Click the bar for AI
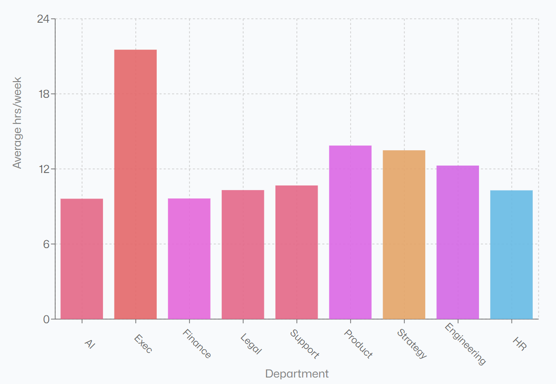82,259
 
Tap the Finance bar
189,259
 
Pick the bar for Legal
243,255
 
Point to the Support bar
297,252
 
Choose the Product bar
350,232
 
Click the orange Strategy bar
404,235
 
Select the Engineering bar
458,242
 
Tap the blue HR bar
511,255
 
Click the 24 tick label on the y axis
43,19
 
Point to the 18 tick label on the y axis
43,94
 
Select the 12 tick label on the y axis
43,169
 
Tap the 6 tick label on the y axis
46,244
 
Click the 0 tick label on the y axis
46,319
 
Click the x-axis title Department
297,374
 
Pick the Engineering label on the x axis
465,344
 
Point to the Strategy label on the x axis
412,344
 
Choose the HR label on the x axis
519,343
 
